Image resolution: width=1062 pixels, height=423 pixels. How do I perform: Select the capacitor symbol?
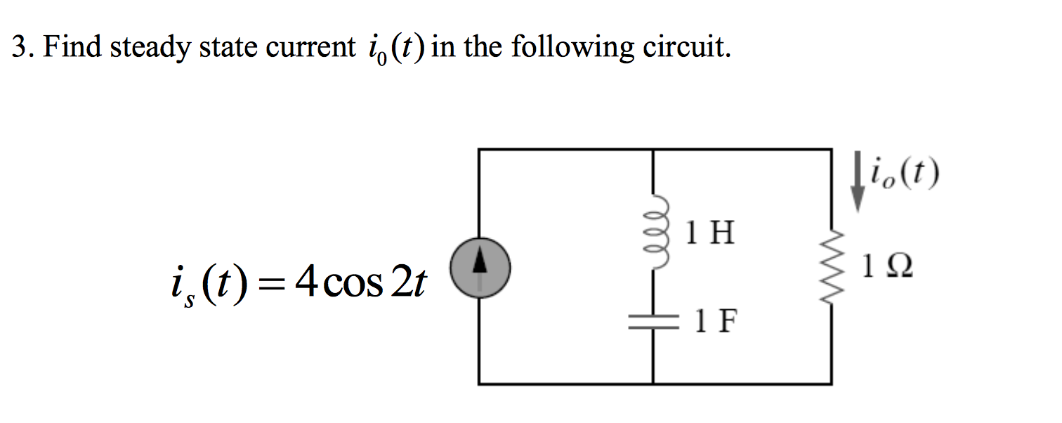pyautogui.click(x=654, y=323)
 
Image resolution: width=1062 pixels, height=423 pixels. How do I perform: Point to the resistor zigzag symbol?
pyautogui.click(x=832, y=271)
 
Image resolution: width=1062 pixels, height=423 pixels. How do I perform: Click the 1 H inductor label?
pyautogui.click(x=710, y=233)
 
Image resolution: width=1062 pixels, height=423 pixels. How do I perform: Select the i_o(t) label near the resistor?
pyautogui.click(x=903, y=175)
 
